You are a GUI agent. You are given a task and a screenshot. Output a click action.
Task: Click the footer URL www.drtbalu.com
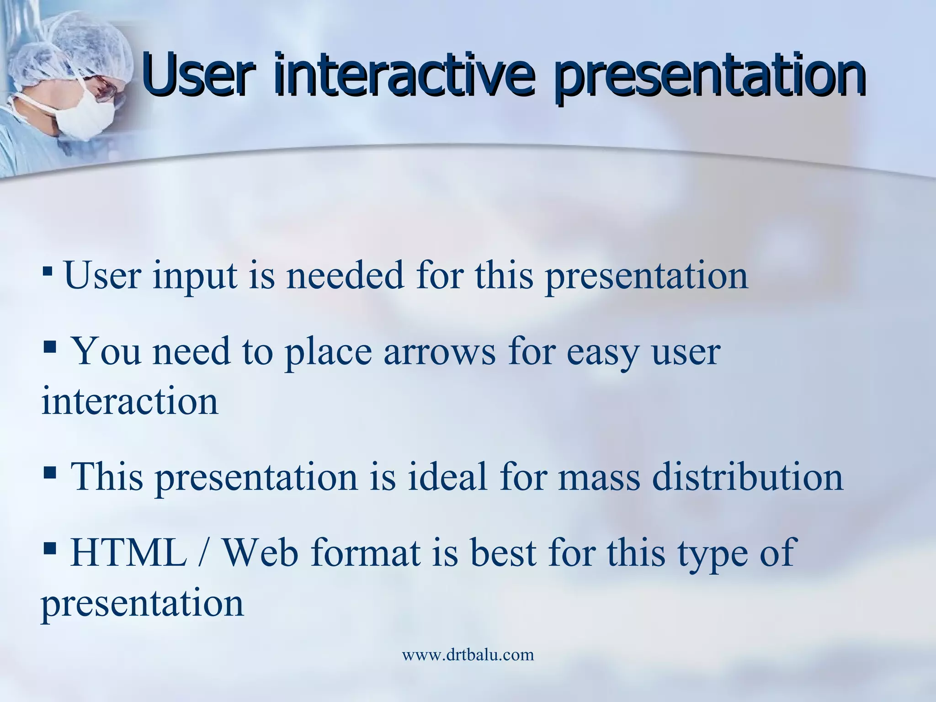pos(468,654)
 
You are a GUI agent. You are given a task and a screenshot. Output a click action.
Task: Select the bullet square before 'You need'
pos(49,348)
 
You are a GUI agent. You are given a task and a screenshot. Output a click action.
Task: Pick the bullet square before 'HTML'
pos(49,547)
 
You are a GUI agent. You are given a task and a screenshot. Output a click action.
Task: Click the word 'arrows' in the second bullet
pos(439,353)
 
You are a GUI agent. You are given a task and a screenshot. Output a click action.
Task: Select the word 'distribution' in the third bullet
pos(747,476)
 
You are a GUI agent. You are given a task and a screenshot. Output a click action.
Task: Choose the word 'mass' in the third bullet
pos(599,476)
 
